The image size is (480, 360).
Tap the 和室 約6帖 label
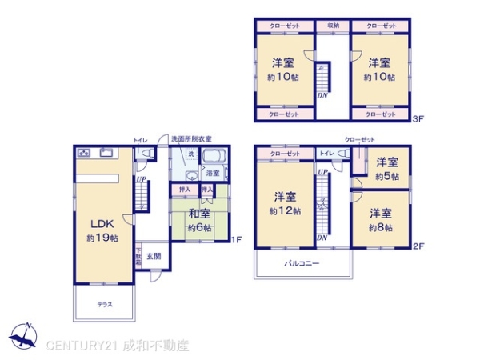[x=200, y=220]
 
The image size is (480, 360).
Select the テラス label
[x=105, y=305]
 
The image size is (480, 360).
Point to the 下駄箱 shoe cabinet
[x=138, y=257]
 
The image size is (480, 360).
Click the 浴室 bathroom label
[x=213, y=173]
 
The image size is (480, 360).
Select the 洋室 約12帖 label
[x=286, y=203]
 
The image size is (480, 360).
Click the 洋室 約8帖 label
[x=381, y=220]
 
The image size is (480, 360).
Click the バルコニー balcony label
[x=301, y=262]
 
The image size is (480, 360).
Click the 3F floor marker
[x=418, y=119]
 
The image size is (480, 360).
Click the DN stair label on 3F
[x=322, y=96]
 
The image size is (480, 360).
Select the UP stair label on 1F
[x=141, y=179]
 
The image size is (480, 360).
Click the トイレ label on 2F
[x=326, y=153]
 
